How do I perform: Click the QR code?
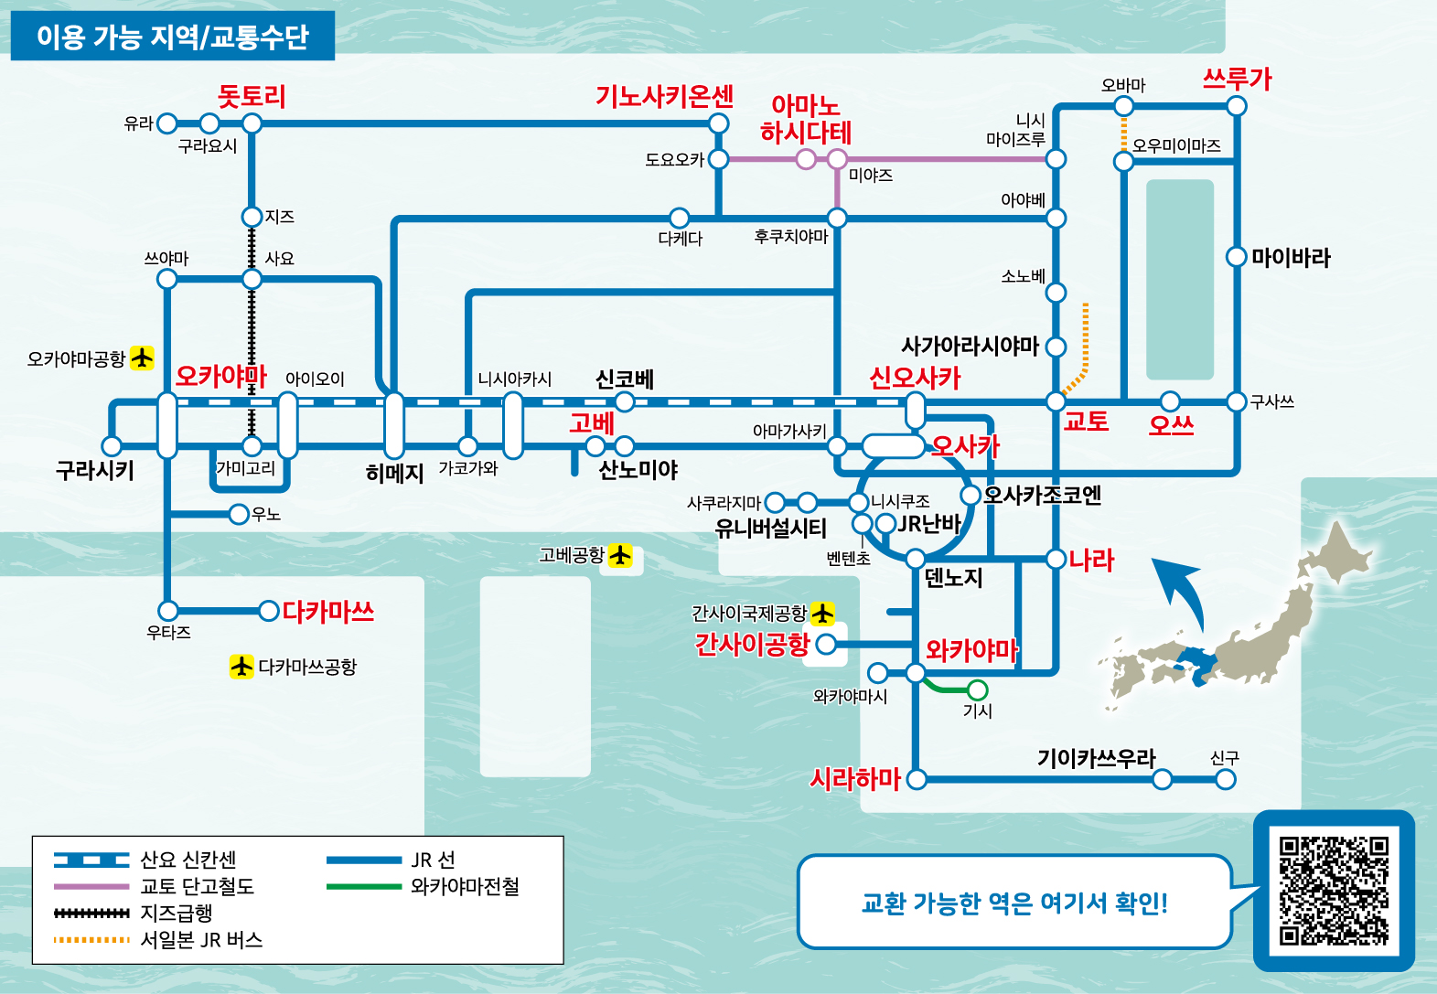(1334, 891)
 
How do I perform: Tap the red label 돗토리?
(252, 97)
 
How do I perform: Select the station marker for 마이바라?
(1237, 257)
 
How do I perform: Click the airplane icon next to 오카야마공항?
(142, 358)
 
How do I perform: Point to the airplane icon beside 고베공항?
(621, 555)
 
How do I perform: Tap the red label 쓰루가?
(1237, 79)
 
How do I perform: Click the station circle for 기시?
(977, 689)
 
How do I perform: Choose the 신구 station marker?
(1226, 779)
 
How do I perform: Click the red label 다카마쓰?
(328, 612)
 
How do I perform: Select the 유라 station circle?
(166, 123)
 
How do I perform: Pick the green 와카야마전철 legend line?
(363, 886)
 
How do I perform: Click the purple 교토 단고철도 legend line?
(91, 886)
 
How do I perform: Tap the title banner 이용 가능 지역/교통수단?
(173, 37)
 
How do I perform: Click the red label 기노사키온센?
(664, 96)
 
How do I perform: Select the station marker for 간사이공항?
(826, 645)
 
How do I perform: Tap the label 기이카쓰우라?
(1096, 758)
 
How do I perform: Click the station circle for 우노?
(239, 514)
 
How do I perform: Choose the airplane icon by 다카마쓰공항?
(241, 667)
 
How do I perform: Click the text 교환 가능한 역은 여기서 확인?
(1014, 903)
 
